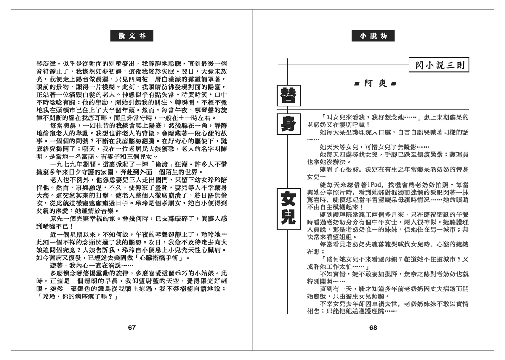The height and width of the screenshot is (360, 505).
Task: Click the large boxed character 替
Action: coord(288,96)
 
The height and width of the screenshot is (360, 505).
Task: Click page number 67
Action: coord(131,328)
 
